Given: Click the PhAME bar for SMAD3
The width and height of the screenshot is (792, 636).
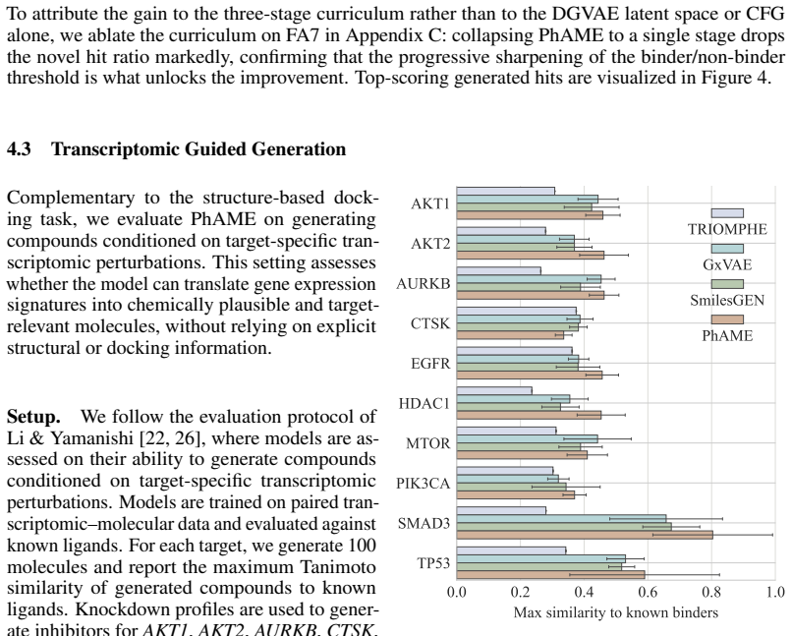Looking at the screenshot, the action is tap(585, 535).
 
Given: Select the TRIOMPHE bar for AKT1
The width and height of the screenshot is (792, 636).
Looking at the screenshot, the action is tap(506, 192).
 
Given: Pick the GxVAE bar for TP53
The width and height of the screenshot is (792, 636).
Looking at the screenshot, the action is tap(541, 558).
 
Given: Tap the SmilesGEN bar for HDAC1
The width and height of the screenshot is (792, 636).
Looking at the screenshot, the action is tap(509, 407).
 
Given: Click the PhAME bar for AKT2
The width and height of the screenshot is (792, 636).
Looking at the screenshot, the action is tap(531, 256).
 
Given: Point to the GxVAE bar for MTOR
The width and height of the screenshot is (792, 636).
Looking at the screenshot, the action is tap(527, 439).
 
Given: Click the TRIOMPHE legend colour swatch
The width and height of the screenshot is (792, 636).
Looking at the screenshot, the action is tap(727, 213).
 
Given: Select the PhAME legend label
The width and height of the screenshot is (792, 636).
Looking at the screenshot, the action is tap(727, 336).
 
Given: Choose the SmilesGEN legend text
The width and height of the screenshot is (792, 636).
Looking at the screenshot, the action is tap(727, 301).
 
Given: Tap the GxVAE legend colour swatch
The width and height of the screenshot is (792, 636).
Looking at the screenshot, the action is tap(727, 249).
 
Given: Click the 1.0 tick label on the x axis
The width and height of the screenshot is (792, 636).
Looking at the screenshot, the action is tap(775, 592).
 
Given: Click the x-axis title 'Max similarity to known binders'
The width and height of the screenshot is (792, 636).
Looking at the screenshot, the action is tap(616, 613).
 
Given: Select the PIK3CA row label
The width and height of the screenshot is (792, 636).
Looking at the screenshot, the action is tap(423, 484).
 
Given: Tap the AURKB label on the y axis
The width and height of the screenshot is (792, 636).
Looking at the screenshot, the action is tap(423, 284).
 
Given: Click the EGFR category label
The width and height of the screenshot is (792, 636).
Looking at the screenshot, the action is tap(429, 364).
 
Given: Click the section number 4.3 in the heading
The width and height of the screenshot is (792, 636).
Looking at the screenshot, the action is tap(19, 149).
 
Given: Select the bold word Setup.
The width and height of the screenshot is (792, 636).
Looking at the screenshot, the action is tap(33, 417).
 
